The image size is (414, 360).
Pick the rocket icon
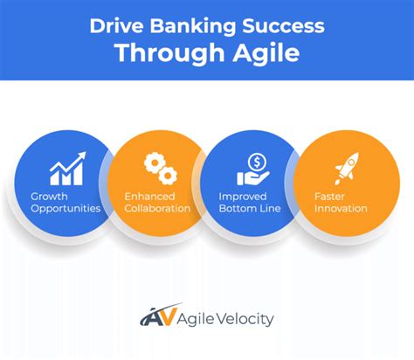pyautogui.click(x=347, y=166)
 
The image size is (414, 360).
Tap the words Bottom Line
pyautogui.click(x=250, y=209)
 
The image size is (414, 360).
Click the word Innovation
pyautogui.click(x=342, y=209)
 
